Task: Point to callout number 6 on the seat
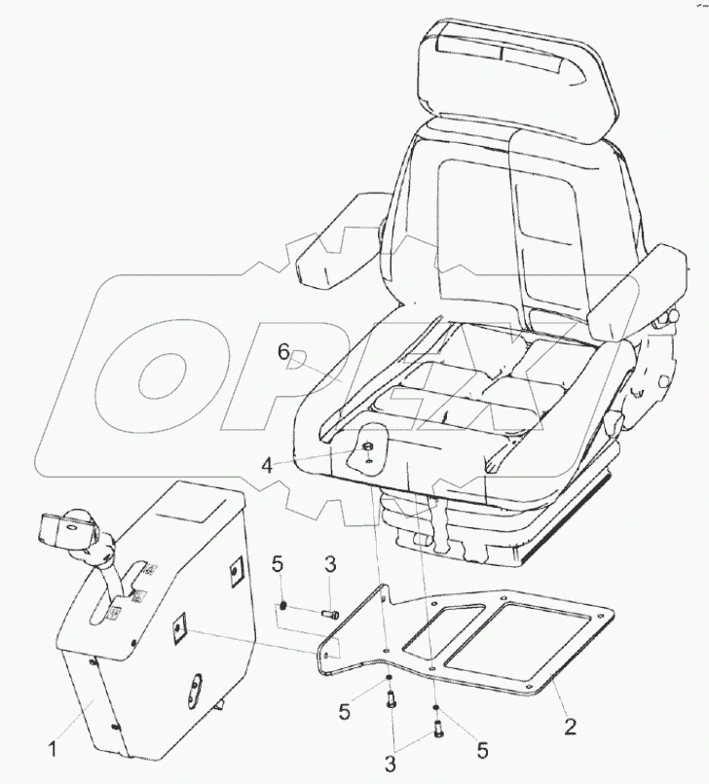pyautogui.click(x=283, y=353)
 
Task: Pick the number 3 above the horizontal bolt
pyautogui.click(x=330, y=563)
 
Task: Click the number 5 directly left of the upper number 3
pyautogui.click(x=278, y=563)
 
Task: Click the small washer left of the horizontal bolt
pyautogui.click(x=282, y=606)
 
